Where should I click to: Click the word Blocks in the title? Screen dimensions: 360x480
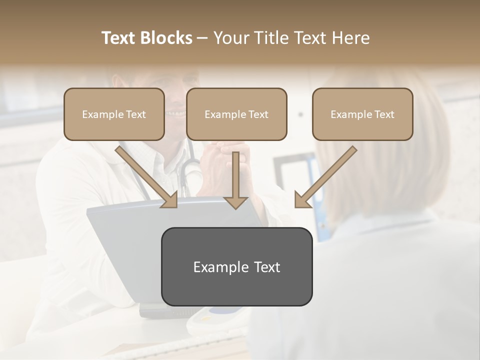tap(167, 38)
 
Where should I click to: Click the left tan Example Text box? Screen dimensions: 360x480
tap(114, 114)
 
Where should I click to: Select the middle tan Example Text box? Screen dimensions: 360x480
tap(236, 114)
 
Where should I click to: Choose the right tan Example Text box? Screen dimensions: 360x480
tap(362, 114)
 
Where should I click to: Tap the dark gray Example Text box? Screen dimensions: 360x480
tap(236, 266)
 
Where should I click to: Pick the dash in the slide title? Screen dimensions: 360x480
tap(202, 38)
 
